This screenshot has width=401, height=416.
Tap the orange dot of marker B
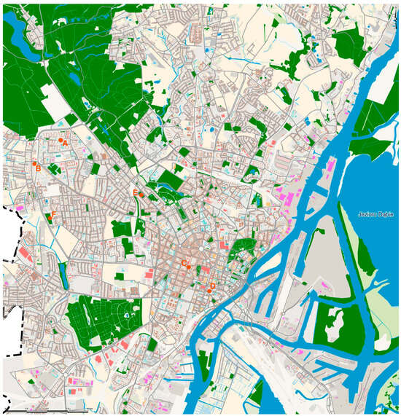[x=34, y=163]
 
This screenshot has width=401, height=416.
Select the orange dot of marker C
[x=189, y=267]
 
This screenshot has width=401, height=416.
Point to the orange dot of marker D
[x=209, y=291]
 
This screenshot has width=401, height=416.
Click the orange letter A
[x=66, y=144]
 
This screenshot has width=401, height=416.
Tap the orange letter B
[x=38, y=168]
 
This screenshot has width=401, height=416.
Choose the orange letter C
[x=184, y=262]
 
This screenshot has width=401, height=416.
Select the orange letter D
[x=212, y=286]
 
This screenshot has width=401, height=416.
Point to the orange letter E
[x=135, y=192]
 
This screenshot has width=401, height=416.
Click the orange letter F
[x=53, y=213]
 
